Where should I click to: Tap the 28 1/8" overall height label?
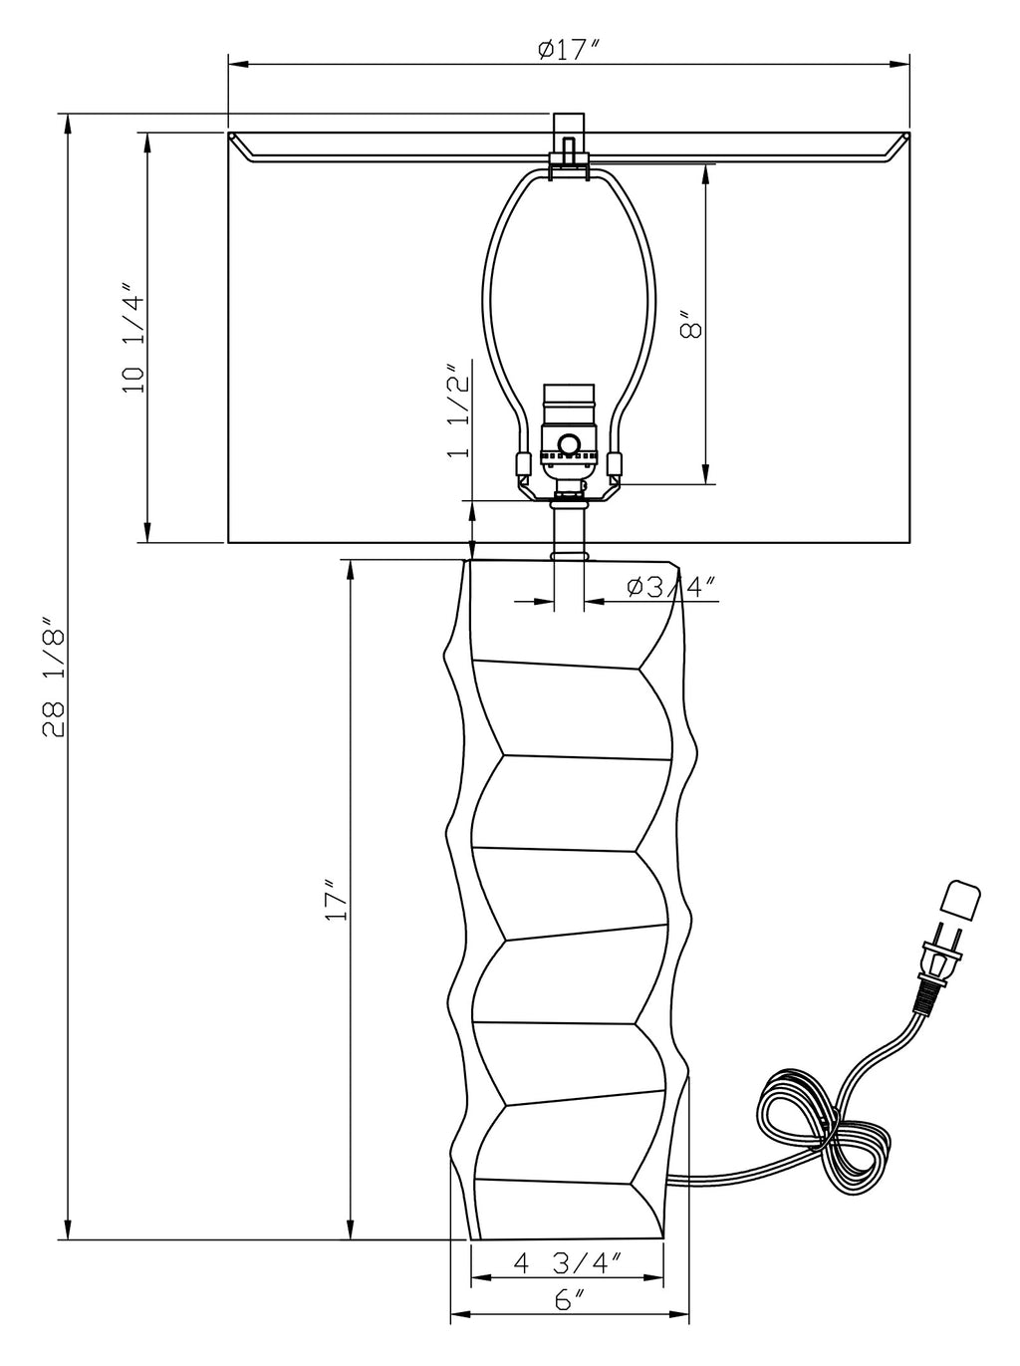pyautogui.click(x=54, y=678)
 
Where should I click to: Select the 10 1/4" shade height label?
pyautogui.click(x=133, y=338)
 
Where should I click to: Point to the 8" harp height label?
pyautogui.click(x=691, y=324)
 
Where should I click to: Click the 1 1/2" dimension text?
pyautogui.click(x=459, y=410)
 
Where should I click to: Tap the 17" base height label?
pyautogui.click(x=337, y=901)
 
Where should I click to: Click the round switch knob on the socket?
pyautogui.click(x=568, y=444)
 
